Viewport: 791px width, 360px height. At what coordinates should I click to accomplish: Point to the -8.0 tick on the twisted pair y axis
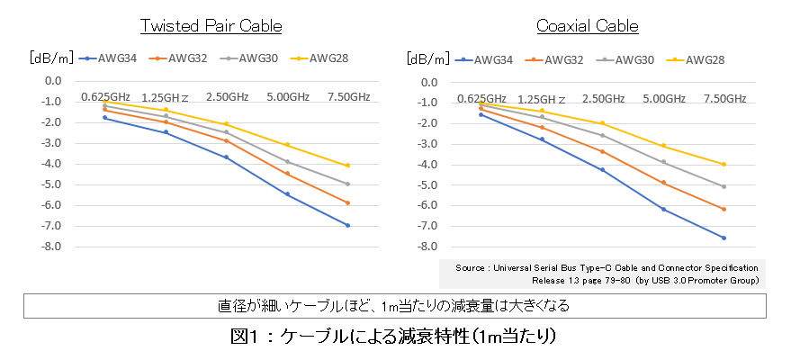50,247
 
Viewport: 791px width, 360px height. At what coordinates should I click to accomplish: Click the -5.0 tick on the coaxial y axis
427,184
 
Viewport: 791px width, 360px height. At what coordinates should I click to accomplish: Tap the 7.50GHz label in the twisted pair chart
348,97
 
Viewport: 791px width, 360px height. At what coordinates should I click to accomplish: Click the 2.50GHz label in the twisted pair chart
227,97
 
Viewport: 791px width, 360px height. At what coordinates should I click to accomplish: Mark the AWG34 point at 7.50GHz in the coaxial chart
724,238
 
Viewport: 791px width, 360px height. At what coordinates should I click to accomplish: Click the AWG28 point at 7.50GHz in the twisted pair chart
347,166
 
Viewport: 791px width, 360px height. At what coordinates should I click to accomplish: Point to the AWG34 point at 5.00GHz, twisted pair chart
287,194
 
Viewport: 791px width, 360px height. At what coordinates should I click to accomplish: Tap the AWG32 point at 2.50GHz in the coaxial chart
602,152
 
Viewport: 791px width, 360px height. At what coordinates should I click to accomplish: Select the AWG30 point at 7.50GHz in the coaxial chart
724,186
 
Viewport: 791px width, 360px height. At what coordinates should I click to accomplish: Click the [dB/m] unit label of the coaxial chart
425,60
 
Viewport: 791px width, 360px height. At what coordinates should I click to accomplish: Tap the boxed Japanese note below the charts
395,305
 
